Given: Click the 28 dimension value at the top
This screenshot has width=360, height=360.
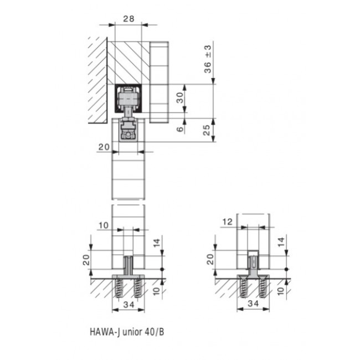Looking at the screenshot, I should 128,19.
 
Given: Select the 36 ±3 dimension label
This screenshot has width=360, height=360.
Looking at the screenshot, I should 208,60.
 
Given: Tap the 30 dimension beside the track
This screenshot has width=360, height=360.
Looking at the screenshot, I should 179,98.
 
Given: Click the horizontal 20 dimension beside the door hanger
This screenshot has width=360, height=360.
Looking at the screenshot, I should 103,146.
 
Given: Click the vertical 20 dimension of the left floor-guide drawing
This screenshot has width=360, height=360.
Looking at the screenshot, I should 86,259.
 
